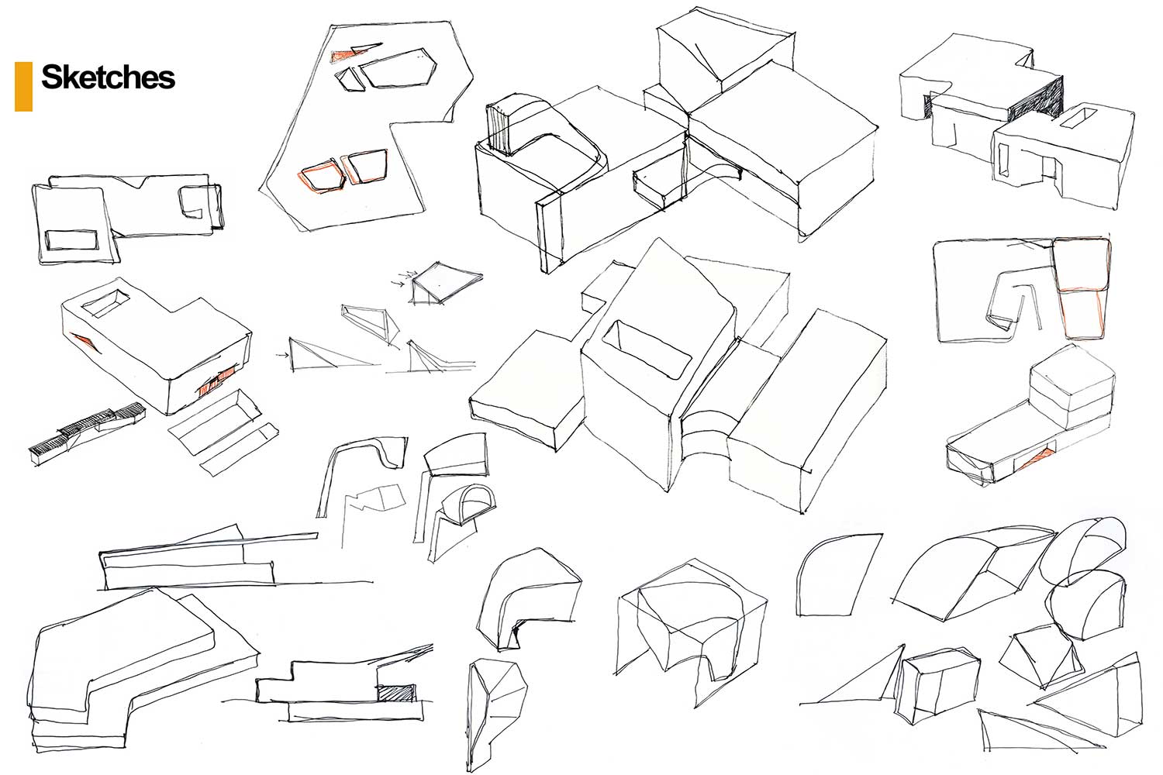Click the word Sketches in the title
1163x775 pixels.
108,77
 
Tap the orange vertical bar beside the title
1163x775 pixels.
23,86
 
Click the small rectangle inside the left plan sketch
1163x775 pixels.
71,239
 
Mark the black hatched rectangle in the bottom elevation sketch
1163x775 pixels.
396,694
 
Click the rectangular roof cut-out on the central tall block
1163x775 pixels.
647,349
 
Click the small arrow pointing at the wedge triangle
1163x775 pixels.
283,355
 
